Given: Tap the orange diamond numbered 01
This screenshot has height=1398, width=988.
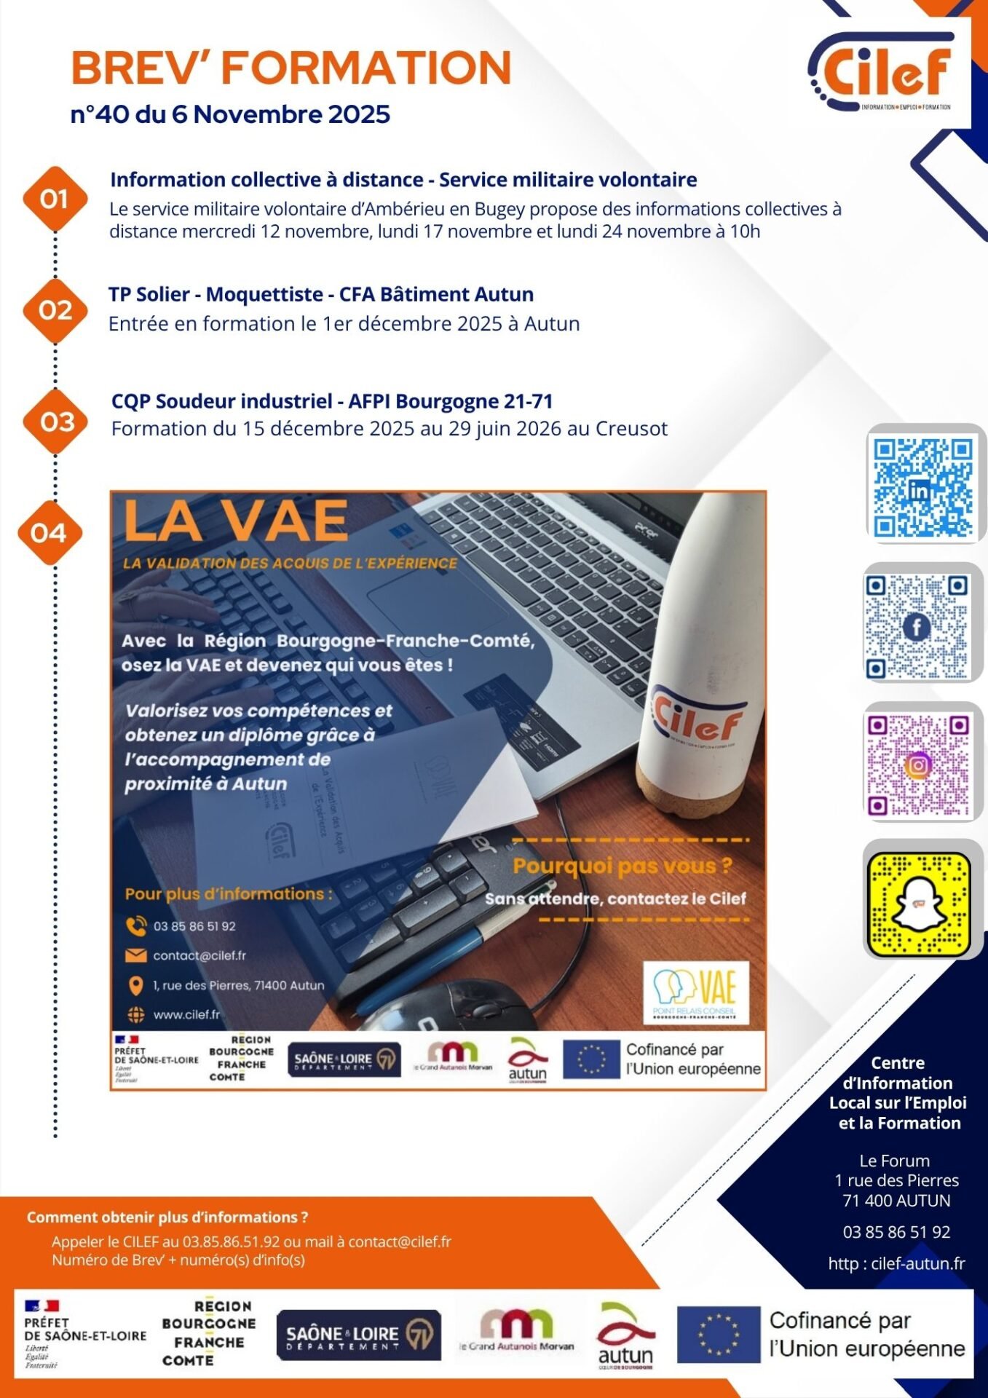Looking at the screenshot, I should pos(55,199).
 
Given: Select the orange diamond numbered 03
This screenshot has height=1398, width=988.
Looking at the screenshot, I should pos(56,422).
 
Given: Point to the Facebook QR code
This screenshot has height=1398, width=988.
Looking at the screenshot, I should pos(917,626).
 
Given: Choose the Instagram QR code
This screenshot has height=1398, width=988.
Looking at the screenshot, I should pos(918,765).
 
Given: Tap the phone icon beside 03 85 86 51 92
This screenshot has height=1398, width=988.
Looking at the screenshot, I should pos(135,926).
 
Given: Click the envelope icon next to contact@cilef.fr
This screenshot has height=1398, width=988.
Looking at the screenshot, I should pos(135,955).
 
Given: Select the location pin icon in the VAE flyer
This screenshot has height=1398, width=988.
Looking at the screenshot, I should pos(135,986).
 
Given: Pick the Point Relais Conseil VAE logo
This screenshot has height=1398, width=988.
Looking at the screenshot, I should pos(695,992).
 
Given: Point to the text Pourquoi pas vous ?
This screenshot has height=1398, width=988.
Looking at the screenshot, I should pos(623,866).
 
